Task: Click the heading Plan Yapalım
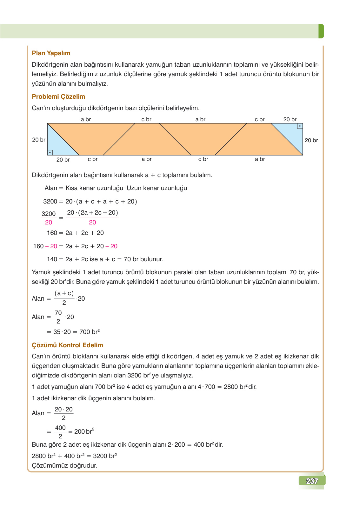(x=51, y=53)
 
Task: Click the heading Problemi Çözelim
(x=58, y=97)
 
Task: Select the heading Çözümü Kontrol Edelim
(x=67, y=345)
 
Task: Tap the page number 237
(x=312, y=481)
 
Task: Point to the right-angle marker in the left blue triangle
(x=50, y=153)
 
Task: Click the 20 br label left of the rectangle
(x=38, y=140)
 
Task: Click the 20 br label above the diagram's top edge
(x=290, y=119)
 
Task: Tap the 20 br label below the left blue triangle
(x=63, y=160)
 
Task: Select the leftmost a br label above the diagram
(x=86, y=119)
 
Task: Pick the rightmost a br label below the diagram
(x=260, y=159)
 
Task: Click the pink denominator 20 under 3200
(x=49, y=223)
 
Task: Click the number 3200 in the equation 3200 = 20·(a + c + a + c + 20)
(x=50, y=202)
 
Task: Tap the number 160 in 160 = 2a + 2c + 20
(x=52, y=233)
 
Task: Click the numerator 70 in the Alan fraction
(x=58, y=313)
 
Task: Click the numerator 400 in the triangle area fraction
(x=60, y=428)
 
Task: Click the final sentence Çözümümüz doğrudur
(x=64, y=465)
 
